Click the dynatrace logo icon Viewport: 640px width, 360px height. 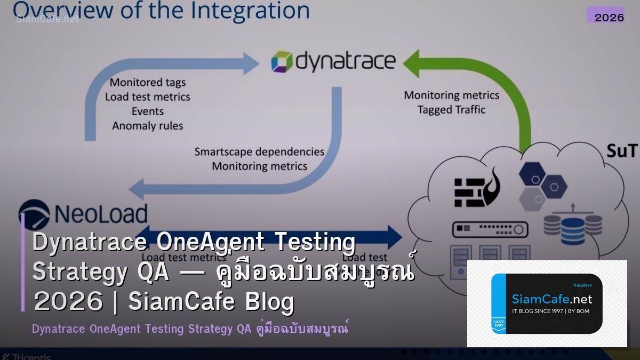[282, 61]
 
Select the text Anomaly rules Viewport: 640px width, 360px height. [148, 126]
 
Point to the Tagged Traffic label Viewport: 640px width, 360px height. [451, 110]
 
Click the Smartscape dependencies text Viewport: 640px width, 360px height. [259, 151]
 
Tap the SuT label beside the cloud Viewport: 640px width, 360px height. [621, 151]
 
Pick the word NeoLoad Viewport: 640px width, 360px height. [101, 214]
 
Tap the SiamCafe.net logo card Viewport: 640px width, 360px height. [547, 303]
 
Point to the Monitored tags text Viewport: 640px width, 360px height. [148, 82]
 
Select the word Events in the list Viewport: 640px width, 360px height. [148, 111]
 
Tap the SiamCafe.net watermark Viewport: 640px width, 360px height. [47, 19]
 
